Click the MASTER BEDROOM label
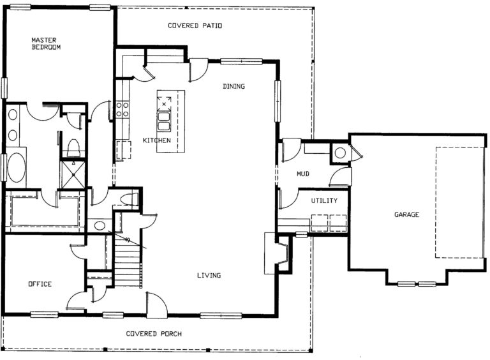[46, 43]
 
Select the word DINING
[234, 86]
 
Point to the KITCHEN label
[156, 140]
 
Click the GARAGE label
[406, 214]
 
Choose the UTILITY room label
[324, 201]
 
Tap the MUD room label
[303, 174]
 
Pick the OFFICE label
[39, 284]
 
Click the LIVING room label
[209, 276]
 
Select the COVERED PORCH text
[154, 334]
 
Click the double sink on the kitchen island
[164, 121]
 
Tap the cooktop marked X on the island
[164, 101]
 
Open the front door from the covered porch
[156, 305]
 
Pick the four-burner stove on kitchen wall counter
[122, 108]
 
